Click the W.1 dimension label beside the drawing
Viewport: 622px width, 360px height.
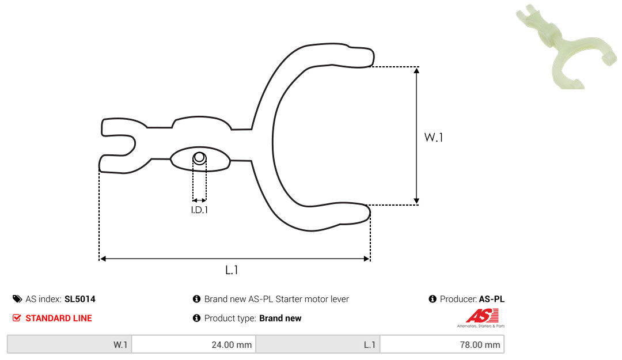(434, 137)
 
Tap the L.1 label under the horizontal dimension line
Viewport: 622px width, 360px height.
(232, 270)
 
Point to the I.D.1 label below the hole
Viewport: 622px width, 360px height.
(199, 210)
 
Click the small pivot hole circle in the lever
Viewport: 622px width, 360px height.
(199, 158)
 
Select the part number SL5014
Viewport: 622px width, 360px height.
(79, 299)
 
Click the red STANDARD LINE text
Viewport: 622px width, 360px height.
(59, 318)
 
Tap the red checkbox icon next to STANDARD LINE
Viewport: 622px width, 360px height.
(17, 318)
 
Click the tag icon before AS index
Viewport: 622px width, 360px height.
(17, 299)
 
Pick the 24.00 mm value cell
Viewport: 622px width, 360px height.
(194, 344)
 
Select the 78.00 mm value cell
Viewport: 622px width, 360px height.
(442, 344)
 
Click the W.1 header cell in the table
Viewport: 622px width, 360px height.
(70, 344)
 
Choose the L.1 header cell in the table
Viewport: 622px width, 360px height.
(318, 344)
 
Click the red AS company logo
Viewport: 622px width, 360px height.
(481, 317)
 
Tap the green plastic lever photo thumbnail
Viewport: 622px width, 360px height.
(566, 47)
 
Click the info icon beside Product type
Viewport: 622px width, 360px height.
(196, 318)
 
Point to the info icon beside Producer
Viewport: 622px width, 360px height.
(433, 299)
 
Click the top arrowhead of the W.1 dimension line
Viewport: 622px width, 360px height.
(416, 71)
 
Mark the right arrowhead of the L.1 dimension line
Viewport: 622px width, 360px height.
(366, 259)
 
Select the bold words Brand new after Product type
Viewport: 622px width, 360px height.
(280, 318)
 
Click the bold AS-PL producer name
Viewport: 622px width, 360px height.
(491, 299)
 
